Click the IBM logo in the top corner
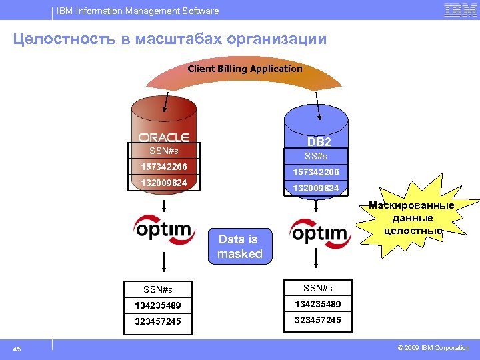[460, 10]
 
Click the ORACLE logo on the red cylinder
[164, 137]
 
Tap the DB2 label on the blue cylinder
[319, 142]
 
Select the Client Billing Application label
[245, 69]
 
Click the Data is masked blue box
[240, 247]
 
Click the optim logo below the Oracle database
[164, 230]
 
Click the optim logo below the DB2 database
[319, 233]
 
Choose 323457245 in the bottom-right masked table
[318, 320]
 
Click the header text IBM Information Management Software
[138, 11]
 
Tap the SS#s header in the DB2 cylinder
[316, 156]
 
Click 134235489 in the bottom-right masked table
[318, 304]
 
